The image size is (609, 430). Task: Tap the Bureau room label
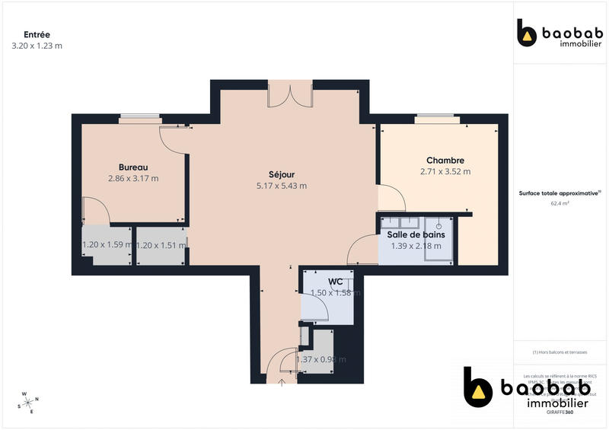point(132,167)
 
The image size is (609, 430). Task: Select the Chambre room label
point(445,161)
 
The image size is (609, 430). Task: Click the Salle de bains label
point(416,234)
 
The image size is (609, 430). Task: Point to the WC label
point(329,281)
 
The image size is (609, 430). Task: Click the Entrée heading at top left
point(37,34)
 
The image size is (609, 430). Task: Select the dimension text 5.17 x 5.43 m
point(282,186)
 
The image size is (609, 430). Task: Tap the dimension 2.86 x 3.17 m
point(133,179)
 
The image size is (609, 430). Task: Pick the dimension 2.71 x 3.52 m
point(445,172)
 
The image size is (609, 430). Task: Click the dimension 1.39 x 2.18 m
point(416,246)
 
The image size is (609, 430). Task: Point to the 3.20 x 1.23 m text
point(37,46)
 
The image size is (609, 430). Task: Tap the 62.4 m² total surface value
point(555,203)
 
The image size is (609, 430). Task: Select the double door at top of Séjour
point(290,94)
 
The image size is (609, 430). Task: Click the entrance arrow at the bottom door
point(282,381)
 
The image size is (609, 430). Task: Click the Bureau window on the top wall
point(141,118)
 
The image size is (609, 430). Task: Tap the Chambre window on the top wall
point(437,119)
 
